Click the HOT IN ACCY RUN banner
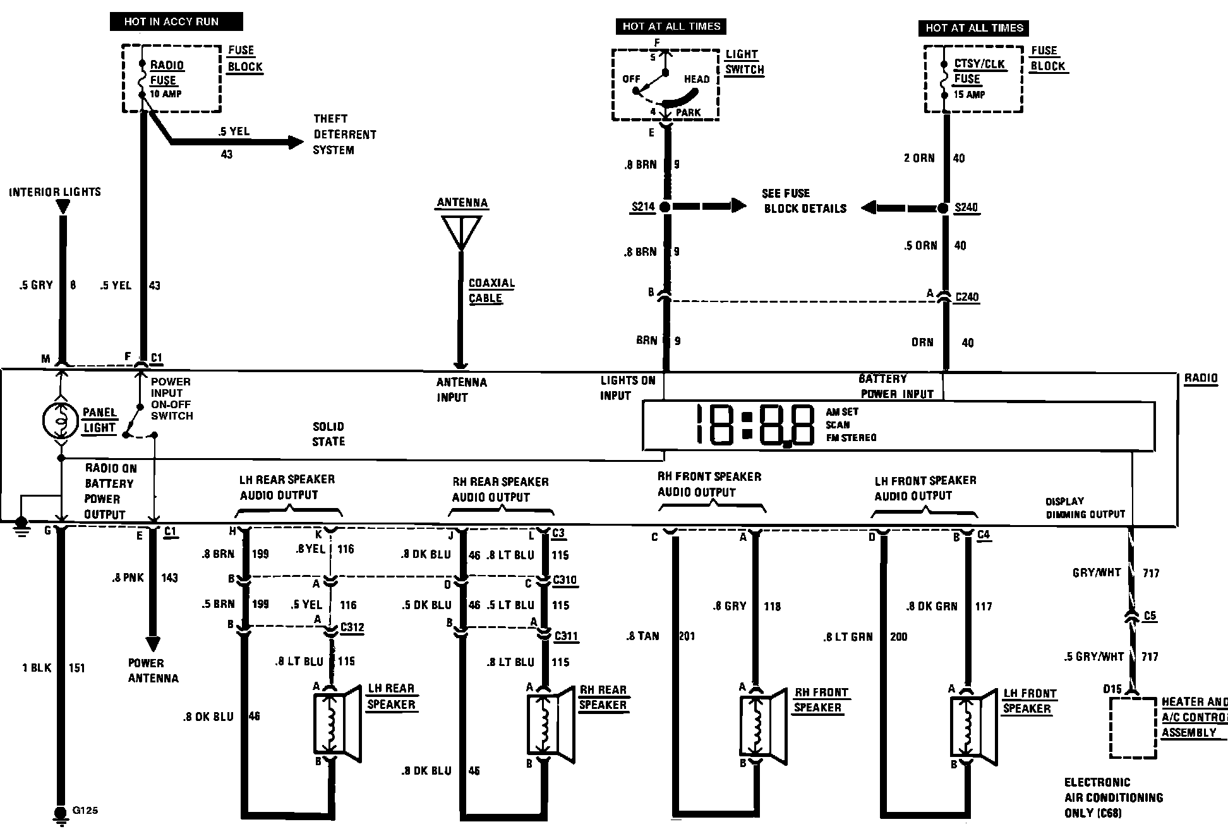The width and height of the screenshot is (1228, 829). point(176,21)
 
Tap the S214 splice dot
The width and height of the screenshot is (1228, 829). point(665,207)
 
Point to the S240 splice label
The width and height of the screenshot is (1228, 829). point(966,208)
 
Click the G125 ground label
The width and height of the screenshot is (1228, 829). point(85,810)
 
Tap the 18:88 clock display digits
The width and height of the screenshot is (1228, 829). point(755,425)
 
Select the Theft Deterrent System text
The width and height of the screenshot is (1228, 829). point(344,135)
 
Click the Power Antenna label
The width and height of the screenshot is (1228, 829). point(153,670)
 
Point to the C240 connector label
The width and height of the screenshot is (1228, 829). point(966,297)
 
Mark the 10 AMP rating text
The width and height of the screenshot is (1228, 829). point(166,94)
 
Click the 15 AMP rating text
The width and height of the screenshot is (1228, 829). point(969,95)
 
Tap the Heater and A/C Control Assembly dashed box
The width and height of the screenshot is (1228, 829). point(1133,727)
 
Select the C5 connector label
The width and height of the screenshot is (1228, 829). point(1150,615)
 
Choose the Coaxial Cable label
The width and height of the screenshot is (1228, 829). point(491,291)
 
